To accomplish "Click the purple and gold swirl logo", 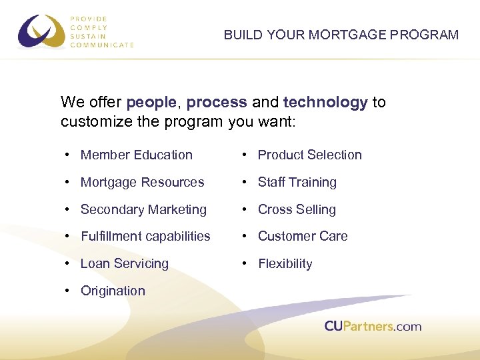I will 42,32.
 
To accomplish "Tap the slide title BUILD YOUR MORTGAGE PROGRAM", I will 341,35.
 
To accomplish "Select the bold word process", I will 217,103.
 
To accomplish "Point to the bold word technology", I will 325,103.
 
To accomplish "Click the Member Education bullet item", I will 136,155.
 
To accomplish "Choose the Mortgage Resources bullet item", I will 142,182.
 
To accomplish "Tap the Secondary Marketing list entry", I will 143,209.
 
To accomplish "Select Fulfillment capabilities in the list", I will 145,236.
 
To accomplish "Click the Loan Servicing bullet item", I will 125,263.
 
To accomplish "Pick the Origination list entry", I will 113,291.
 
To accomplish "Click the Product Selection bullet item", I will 309,155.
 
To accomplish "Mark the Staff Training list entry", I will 297,182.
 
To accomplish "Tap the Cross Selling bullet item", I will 297,209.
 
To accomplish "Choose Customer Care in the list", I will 303,236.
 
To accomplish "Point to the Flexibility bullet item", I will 285,263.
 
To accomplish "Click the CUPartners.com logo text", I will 373,326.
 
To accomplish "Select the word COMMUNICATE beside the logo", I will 102,45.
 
